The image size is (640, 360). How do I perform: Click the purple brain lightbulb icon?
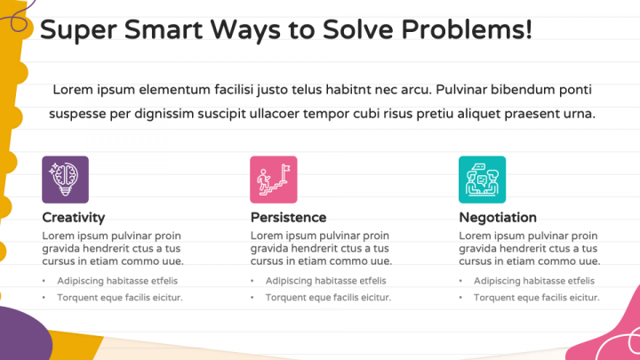[65, 179]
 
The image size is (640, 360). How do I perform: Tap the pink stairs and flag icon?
[273, 179]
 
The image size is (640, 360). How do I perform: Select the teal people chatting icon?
[482, 179]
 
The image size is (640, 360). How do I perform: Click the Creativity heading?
[74, 217]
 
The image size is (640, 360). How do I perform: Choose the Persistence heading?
[288, 217]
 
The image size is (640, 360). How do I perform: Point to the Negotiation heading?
[498, 217]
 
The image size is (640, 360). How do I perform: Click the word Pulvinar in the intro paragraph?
[465, 90]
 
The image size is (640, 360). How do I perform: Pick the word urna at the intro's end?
[578, 114]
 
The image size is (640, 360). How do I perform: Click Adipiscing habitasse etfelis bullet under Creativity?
[111, 281]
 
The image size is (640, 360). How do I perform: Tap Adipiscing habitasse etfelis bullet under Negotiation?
[527, 281]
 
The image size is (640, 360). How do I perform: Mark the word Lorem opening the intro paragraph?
[71, 90]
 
